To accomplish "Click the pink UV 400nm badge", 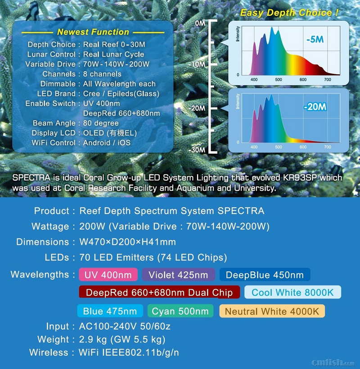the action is point(108,274).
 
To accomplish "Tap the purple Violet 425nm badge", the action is point(178,274).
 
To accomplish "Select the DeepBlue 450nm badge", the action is point(265,274).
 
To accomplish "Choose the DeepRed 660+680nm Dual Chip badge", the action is point(159,292).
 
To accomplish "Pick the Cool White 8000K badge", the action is point(292,292).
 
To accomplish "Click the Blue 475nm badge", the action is point(110,311).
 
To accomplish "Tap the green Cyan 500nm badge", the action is point(180,311).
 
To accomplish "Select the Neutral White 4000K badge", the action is point(272,311).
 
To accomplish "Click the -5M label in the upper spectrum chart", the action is point(315,39).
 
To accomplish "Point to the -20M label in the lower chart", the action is point(315,107).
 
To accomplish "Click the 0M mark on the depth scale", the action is point(200,23).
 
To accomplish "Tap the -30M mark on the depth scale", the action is point(197,150).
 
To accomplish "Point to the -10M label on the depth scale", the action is point(197,64).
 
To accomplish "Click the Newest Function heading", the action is point(93,32).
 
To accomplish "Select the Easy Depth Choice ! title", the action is point(289,13).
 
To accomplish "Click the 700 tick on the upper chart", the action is point(327,80).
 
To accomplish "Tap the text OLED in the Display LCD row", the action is point(94,133).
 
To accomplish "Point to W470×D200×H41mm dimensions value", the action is point(128,241).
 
